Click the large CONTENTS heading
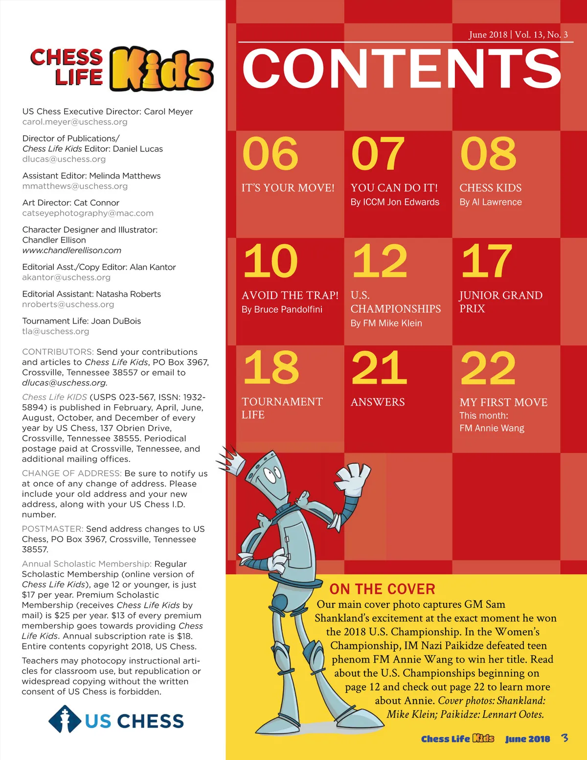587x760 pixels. pos(401,69)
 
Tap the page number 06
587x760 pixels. pos(270,154)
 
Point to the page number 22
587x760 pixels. pos(488,368)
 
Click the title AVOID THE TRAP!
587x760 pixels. pos(290,295)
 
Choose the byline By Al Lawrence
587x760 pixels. pos(491,202)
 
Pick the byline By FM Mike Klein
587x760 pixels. pos(386,323)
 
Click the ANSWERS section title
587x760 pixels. pos(378,402)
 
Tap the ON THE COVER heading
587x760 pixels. pos(382,589)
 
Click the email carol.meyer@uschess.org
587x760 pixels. pos(75,122)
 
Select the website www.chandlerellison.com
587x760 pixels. pos(71,251)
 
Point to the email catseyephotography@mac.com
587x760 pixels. pos(88,213)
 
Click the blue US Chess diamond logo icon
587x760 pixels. pos(65,720)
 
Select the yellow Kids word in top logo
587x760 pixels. pos(161,69)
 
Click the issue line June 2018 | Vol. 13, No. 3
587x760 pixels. pos(518,35)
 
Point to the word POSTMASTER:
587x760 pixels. pos(53,529)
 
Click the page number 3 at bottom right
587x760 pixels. pos(565,737)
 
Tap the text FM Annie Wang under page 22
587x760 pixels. pos(492,428)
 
